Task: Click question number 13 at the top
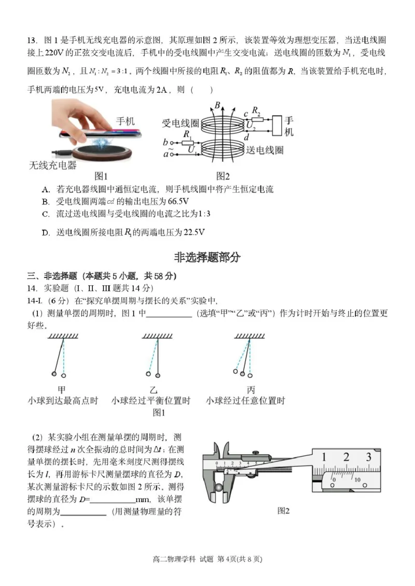click(32, 40)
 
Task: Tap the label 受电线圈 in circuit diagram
click(181, 123)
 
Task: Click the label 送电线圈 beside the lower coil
click(265, 150)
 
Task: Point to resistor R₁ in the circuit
click(187, 142)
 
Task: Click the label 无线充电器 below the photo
click(53, 166)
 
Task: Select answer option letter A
click(46, 190)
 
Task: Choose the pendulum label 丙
click(251, 390)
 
